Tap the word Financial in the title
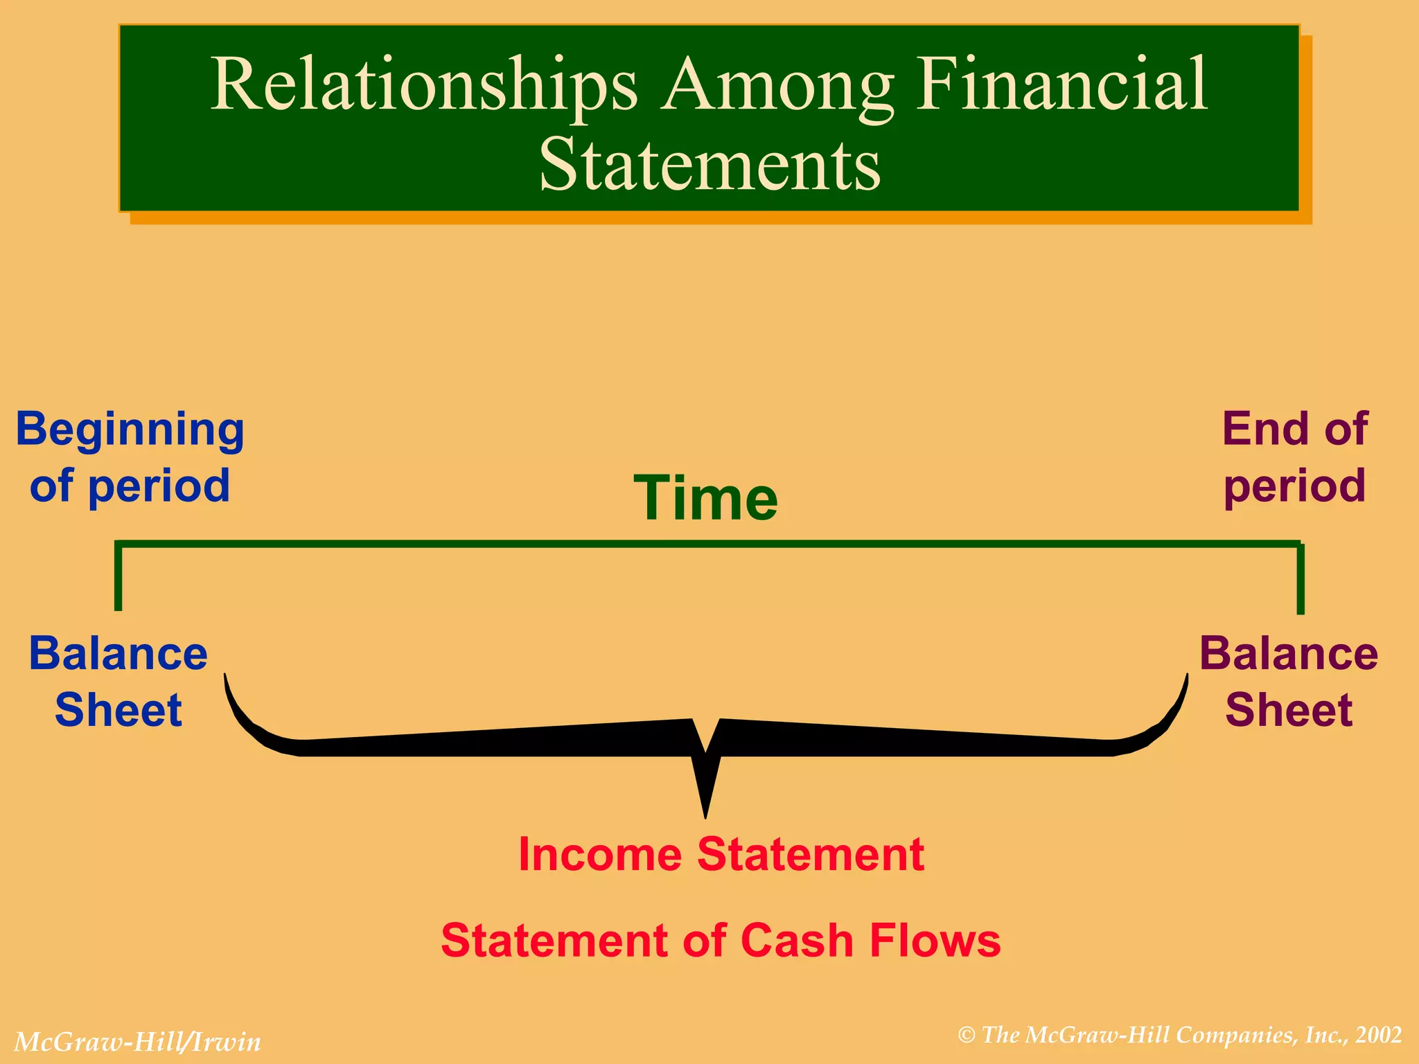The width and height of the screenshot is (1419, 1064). coord(1062,85)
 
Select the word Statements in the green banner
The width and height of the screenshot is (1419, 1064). coord(709,165)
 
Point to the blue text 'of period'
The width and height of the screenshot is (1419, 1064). coord(130,486)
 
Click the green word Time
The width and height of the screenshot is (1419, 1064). coord(706,498)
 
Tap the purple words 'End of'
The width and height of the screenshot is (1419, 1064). coord(1294,429)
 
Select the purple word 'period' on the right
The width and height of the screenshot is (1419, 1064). coord(1294,487)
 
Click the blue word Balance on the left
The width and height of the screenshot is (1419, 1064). coord(118,653)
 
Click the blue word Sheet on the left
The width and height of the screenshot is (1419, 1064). coord(118,710)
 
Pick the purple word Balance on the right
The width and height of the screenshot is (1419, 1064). coord(1289,653)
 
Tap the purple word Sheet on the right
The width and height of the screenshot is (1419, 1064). coord(1289,710)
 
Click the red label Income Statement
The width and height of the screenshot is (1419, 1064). coord(721,854)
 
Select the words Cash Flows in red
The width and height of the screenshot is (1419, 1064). coord(870,941)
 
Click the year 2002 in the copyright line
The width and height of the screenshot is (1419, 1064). coord(1379,1035)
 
